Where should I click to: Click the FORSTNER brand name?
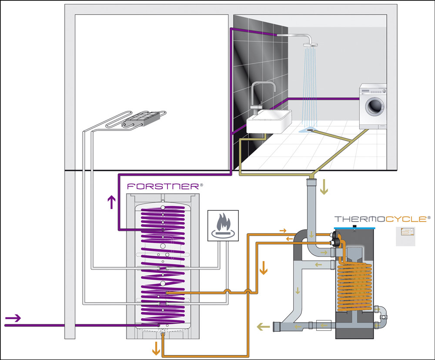(x=163, y=186)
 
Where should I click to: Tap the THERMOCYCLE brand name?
(x=379, y=219)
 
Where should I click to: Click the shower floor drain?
(x=310, y=129)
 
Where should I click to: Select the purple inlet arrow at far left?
(x=13, y=319)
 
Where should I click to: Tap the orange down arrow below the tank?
(x=154, y=348)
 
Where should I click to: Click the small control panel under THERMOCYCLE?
(x=405, y=235)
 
